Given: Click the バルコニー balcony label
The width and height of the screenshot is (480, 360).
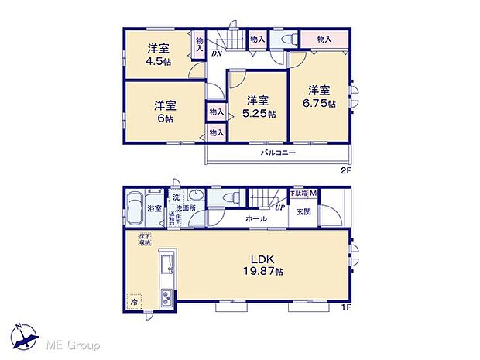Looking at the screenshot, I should (x=278, y=153).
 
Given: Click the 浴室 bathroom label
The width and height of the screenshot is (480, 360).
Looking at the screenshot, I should (x=153, y=209).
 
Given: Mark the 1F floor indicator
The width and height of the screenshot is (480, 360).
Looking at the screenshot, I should (x=345, y=308).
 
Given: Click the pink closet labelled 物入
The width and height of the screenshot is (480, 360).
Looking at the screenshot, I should (x=324, y=39).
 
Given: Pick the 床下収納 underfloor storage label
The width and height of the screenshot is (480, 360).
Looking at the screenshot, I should (x=144, y=239).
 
